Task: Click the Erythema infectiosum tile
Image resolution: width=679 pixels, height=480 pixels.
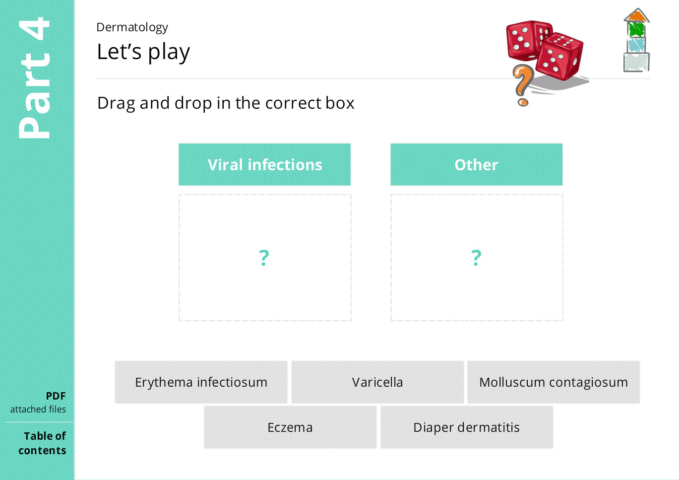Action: point(201,382)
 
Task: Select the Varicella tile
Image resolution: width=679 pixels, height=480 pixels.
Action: point(377,382)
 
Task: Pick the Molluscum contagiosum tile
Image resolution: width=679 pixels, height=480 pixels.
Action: point(554,382)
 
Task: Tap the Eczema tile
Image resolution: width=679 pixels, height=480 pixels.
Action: point(290,427)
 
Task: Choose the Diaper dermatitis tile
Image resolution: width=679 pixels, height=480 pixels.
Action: point(467,427)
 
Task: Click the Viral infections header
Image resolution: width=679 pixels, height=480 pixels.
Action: point(265,164)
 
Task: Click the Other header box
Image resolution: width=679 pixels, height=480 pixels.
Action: point(476,164)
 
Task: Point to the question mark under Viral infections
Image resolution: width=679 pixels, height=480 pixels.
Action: point(264,258)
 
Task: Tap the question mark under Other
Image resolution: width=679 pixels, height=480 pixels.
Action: point(476,258)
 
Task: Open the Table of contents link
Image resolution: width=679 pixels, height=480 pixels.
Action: point(43,443)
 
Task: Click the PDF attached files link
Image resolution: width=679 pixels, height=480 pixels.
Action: point(38,403)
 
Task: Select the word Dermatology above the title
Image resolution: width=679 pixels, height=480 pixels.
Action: point(132,28)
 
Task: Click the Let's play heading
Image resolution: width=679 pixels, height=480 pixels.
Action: point(143,52)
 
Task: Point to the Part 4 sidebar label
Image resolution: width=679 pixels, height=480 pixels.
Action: point(34,78)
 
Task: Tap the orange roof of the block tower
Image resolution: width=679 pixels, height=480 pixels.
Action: point(636,16)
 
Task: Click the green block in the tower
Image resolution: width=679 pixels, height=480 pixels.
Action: point(636,30)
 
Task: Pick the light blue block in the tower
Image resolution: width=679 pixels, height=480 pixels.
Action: point(636,45)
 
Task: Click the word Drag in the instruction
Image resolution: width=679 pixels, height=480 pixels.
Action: point(117,103)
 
